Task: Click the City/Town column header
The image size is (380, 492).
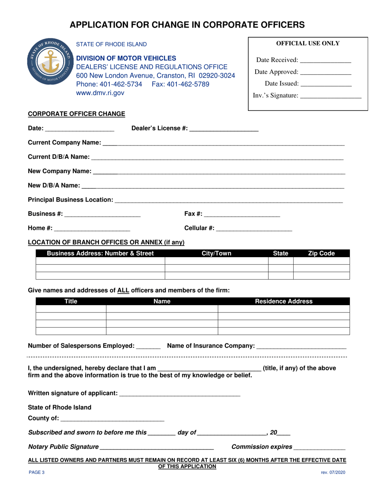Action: (216, 253)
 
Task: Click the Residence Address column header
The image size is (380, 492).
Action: (284, 302)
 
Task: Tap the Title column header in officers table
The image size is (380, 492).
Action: (71, 302)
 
